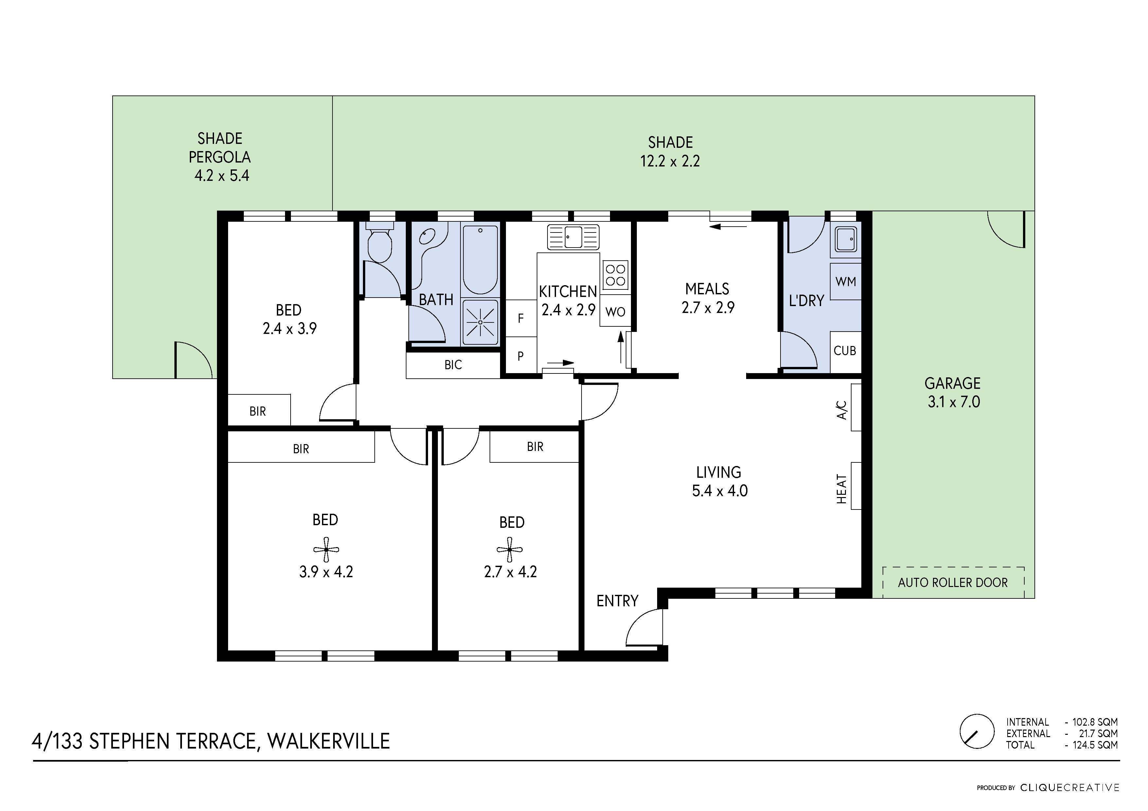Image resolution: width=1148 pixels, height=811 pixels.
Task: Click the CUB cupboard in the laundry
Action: click(845, 351)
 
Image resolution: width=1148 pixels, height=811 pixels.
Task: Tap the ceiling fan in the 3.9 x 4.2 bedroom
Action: click(326, 549)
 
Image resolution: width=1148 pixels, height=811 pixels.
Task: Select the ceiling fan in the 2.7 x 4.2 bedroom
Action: click(510, 550)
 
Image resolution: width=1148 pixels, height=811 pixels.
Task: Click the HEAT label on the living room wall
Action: click(842, 489)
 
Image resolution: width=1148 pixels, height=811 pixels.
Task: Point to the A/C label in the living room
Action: click(842, 410)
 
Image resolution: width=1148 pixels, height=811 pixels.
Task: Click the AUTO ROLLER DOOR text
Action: click(953, 583)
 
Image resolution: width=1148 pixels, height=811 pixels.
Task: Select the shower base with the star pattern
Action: click(480, 322)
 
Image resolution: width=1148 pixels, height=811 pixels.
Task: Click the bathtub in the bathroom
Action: click(480, 260)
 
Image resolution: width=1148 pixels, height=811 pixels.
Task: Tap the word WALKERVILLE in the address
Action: click(329, 741)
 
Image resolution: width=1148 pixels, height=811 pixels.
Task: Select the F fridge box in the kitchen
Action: click(521, 318)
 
